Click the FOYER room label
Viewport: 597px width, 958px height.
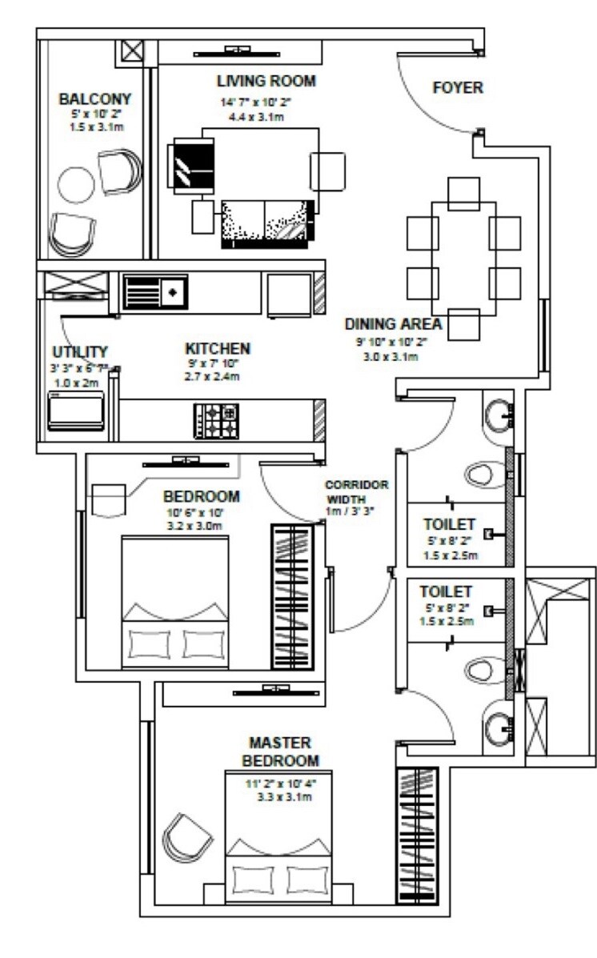click(457, 88)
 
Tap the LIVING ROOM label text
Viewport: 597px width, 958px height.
click(266, 81)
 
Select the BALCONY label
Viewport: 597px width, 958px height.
click(94, 99)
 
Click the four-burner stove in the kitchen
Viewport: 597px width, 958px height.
click(215, 421)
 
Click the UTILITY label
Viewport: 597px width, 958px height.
click(80, 352)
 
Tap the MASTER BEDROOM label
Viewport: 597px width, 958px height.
click(279, 751)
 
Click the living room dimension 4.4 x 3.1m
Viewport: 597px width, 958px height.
click(266, 117)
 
